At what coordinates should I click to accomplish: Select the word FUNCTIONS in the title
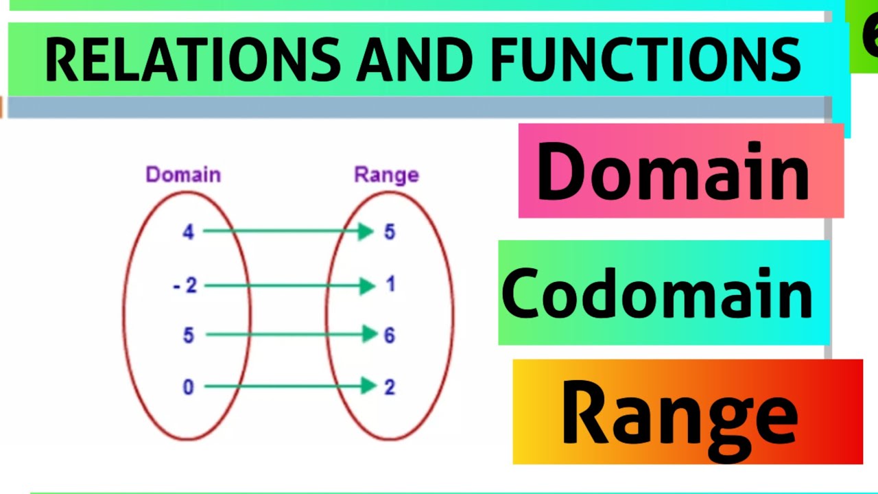[x=645, y=59]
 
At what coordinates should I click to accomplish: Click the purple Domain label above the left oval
[x=183, y=175]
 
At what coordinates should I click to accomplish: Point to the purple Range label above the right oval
[x=386, y=175]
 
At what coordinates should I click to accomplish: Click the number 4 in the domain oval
[x=188, y=232]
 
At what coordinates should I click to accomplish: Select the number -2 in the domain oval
[x=185, y=285]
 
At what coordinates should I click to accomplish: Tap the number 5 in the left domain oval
[x=188, y=336]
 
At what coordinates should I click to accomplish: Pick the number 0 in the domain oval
[x=188, y=388]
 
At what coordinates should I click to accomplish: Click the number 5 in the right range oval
[x=390, y=232]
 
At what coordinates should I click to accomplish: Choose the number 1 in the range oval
[x=390, y=284]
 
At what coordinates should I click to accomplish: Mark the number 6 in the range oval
[x=390, y=336]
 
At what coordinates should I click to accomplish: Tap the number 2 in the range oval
[x=390, y=388]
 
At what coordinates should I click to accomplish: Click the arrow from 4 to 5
[x=288, y=232]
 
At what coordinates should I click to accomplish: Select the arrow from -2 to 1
[x=288, y=285]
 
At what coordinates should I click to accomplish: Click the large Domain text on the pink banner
[x=672, y=172]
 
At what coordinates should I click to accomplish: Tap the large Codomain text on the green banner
[x=657, y=294]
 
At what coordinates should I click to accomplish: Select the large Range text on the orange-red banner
[x=679, y=413]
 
